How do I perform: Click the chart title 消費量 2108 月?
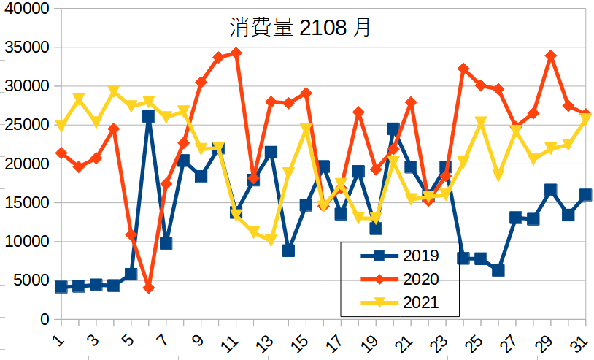coord(300,28)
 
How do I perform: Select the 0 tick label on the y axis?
coord(45,319)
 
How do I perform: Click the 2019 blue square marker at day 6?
coord(149,116)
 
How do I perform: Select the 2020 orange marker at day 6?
coord(149,288)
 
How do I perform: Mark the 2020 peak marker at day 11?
coord(236,53)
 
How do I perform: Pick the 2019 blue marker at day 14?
coord(288,250)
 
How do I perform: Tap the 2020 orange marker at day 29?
coord(551,55)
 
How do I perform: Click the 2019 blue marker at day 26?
coord(498,270)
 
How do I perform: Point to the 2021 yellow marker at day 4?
coord(114,91)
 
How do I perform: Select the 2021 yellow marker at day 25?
coord(481,122)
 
